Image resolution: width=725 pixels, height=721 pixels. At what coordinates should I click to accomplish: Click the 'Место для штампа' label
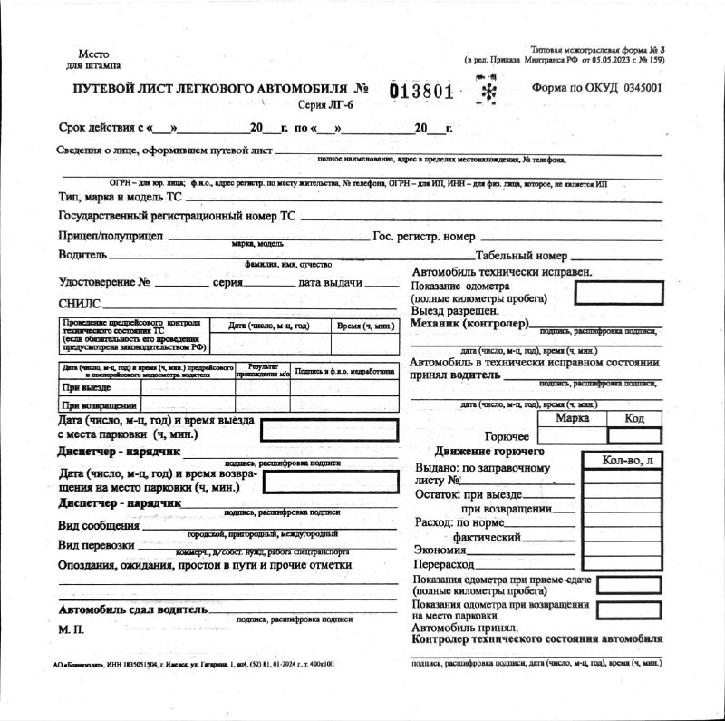click(x=93, y=60)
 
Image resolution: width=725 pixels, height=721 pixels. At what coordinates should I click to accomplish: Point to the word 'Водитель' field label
click(x=82, y=255)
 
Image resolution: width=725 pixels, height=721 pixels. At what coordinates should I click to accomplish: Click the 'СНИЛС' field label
click(x=80, y=304)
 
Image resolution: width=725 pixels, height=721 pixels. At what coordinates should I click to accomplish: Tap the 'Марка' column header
click(x=573, y=418)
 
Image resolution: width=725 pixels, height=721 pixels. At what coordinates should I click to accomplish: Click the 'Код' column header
click(x=634, y=418)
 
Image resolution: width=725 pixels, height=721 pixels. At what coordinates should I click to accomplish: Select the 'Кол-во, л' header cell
click(x=626, y=461)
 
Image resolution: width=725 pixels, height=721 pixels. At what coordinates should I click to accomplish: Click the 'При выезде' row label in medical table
click(x=87, y=387)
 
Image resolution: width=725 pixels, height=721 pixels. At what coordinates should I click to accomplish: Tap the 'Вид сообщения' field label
click(x=99, y=525)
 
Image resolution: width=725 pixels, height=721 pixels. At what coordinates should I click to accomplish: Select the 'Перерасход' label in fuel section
click(x=444, y=564)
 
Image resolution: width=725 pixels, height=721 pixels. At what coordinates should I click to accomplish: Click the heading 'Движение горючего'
click(x=489, y=451)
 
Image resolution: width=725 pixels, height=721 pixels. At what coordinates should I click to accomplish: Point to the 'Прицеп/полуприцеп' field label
click(x=110, y=236)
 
